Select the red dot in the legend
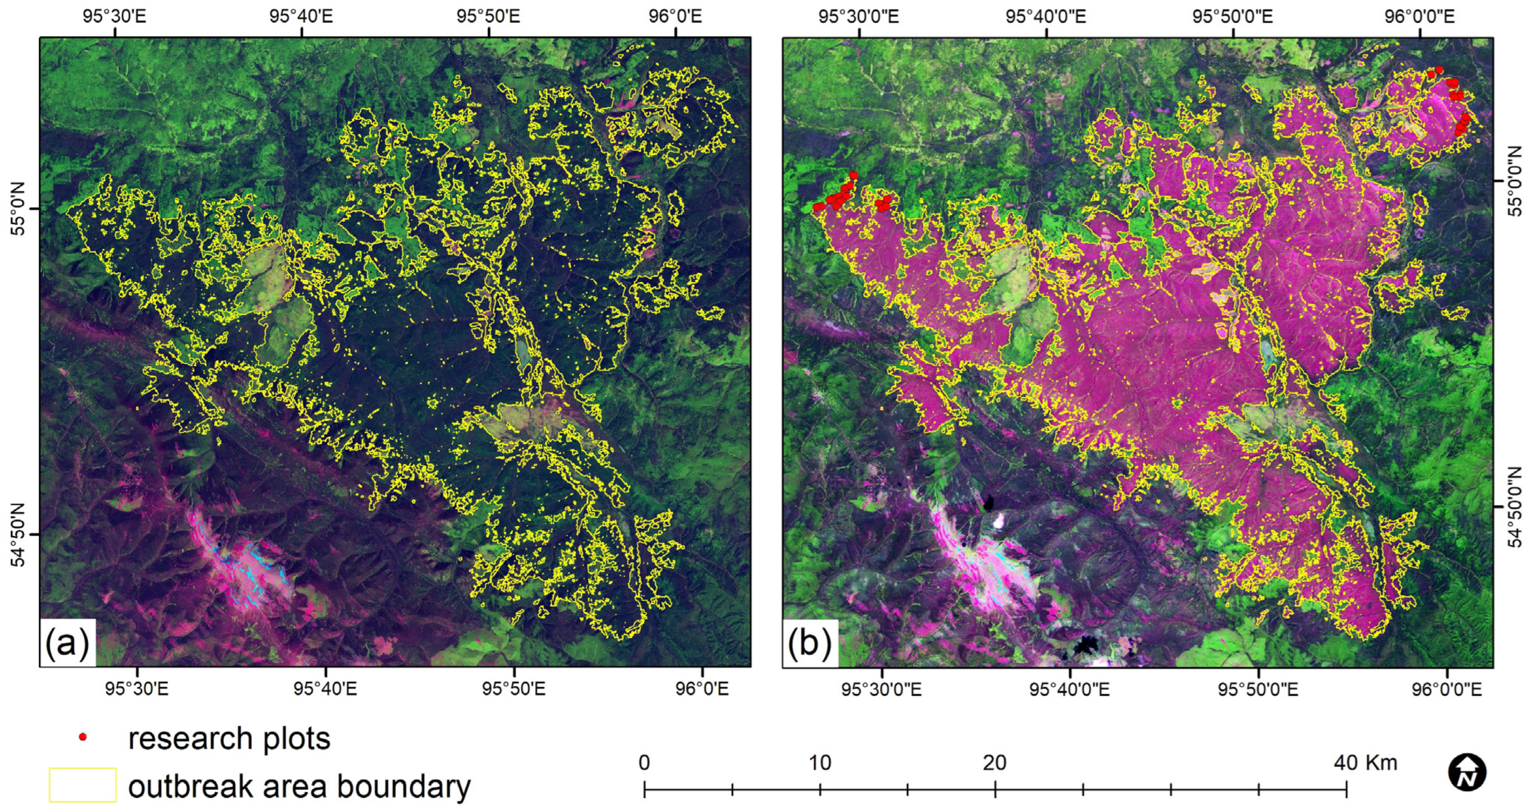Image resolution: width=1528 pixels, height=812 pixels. [x=83, y=737]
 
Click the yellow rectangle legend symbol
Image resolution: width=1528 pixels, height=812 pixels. [x=82, y=785]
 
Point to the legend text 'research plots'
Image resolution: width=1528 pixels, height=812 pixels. [x=230, y=739]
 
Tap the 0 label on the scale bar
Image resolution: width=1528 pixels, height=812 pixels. [x=645, y=762]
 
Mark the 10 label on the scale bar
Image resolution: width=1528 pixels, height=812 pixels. [x=820, y=762]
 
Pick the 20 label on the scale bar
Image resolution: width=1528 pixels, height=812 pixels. [x=995, y=762]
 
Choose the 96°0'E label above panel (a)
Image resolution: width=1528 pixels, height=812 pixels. [x=675, y=16]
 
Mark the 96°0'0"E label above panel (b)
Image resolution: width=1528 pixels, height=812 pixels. [x=1419, y=16]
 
